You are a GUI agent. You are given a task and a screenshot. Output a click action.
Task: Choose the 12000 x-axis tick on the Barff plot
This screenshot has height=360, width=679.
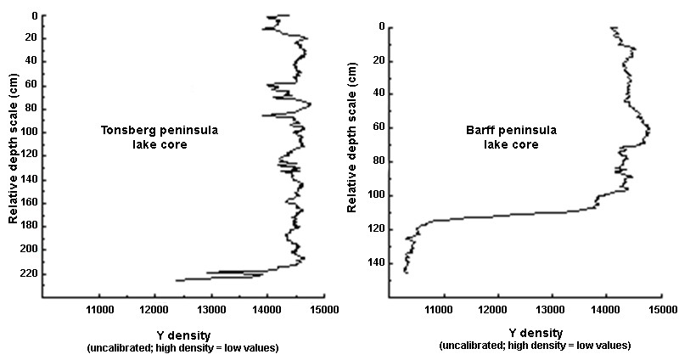495,298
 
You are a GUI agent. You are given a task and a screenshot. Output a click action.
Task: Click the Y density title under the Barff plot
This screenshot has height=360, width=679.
535,333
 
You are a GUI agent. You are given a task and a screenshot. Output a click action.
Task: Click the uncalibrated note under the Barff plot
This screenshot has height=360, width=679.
535,346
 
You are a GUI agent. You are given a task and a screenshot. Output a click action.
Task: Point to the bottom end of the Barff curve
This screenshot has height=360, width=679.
407,273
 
